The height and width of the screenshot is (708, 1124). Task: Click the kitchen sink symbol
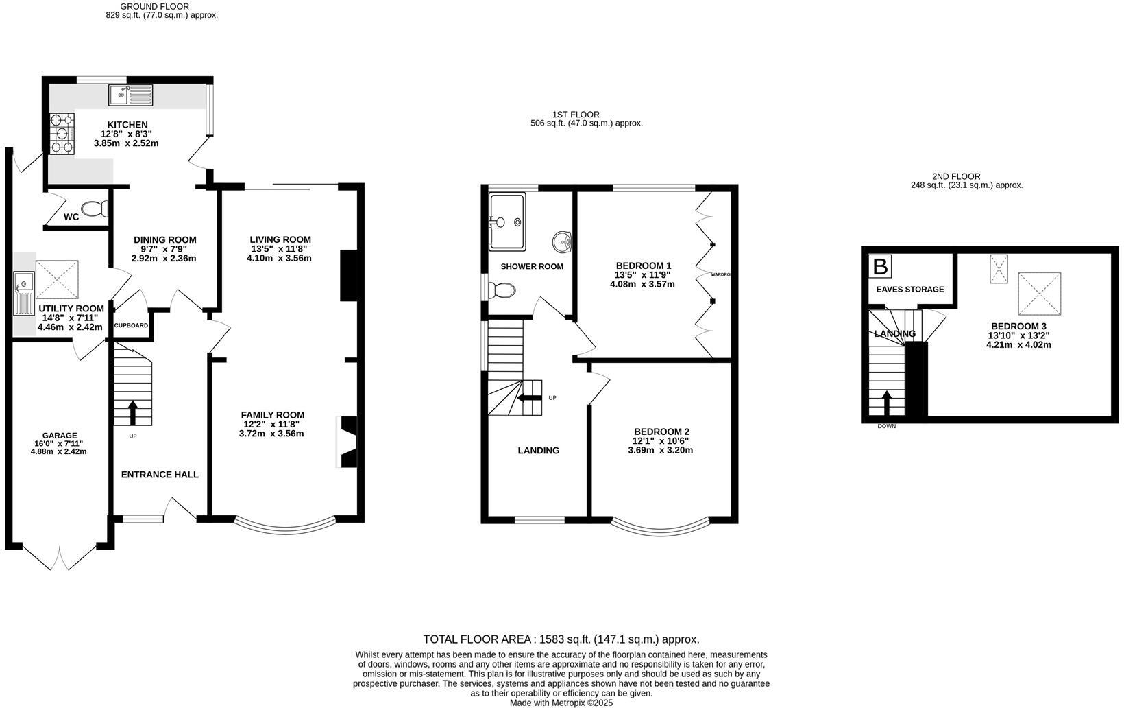131,95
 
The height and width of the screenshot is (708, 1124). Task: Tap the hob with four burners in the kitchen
62,133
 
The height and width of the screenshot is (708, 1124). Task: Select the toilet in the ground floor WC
95,208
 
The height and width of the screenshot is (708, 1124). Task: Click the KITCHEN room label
127,124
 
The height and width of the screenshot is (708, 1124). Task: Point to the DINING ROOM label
164,239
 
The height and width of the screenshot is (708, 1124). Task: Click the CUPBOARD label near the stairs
131,325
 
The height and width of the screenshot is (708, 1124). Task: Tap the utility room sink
24,293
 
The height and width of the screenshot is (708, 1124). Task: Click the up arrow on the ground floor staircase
132,414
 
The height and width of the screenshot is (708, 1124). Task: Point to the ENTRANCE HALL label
160,474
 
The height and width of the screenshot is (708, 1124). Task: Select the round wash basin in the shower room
563,241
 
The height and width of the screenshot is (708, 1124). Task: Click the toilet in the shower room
502,291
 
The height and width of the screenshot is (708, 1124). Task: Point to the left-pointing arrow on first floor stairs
528,397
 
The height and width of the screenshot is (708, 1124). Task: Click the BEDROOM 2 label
661,432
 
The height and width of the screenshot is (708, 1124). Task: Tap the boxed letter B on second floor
879,266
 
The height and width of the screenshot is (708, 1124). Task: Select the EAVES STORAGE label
909,289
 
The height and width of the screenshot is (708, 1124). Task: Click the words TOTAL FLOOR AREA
477,639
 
